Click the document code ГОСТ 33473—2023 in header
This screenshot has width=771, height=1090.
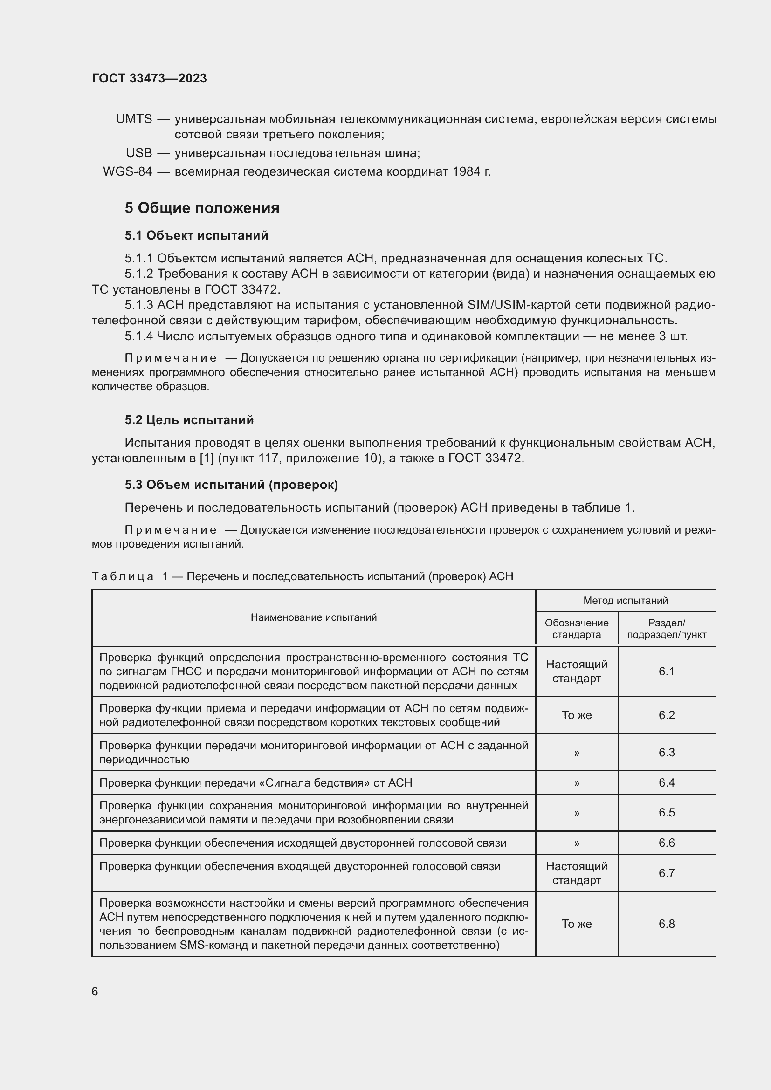click(x=149, y=78)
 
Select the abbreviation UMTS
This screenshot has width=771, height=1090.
click(x=134, y=119)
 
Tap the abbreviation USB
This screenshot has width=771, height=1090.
click(x=138, y=153)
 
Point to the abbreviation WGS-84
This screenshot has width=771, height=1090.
click(x=127, y=171)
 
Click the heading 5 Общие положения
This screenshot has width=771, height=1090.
click(x=202, y=208)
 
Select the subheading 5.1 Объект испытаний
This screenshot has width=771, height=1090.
click(x=196, y=235)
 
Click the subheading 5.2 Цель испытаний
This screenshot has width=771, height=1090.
click(x=189, y=420)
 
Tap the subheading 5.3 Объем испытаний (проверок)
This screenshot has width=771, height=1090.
click(x=231, y=485)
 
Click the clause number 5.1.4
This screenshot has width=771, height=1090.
click(x=138, y=336)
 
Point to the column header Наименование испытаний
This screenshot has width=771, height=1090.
click(x=313, y=617)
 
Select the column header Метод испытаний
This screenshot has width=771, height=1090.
click(x=625, y=601)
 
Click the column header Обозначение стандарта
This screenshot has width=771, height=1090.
click(x=576, y=629)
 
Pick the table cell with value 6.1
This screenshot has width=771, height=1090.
click(x=666, y=671)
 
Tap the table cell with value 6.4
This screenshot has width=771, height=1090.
click(x=666, y=782)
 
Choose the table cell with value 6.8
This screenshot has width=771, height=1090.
click(x=666, y=924)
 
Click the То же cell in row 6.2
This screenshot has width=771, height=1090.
click(x=576, y=715)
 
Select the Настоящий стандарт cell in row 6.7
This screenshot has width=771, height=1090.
click(x=576, y=873)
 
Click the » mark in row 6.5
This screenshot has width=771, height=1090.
click(x=576, y=812)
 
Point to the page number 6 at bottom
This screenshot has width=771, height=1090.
click(x=95, y=992)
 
